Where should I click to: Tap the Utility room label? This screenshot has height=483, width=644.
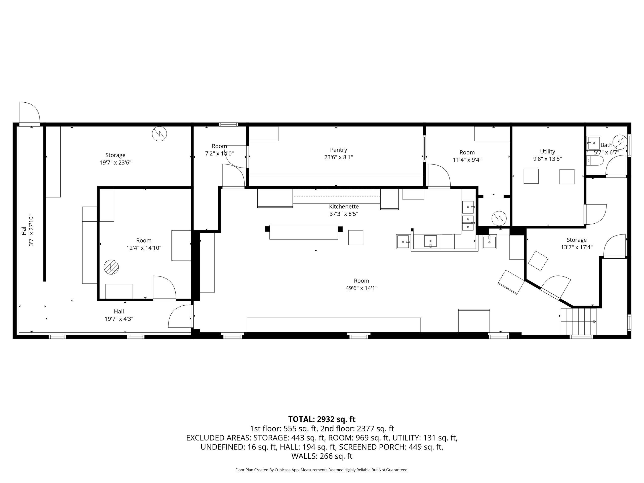coord(547,151)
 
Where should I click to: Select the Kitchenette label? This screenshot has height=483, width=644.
coord(344,207)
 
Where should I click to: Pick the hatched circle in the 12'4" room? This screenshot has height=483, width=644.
coord(111,267)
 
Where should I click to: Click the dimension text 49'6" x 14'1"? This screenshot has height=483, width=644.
coord(361,288)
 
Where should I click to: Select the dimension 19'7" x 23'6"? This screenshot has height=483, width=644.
coord(115,163)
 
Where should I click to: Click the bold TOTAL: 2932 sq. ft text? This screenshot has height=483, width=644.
coord(322,419)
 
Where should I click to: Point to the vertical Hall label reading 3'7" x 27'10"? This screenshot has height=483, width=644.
coord(28,231)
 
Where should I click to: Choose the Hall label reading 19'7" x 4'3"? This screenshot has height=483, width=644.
coord(119,315)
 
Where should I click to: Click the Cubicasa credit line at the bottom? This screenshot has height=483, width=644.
coord(322,470)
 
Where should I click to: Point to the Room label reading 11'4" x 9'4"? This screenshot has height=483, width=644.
coord(467,156)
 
